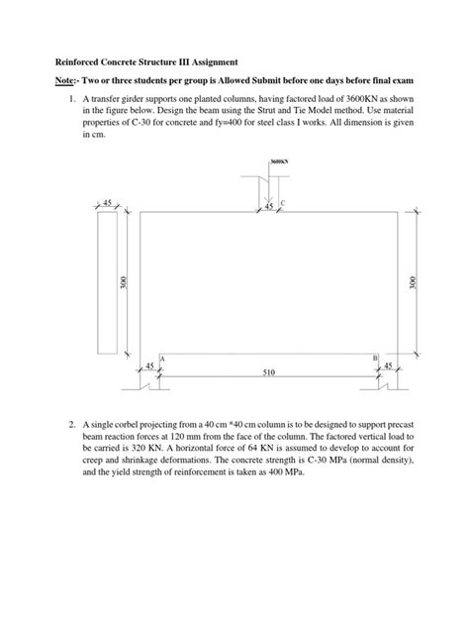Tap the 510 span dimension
(x=268, y=373)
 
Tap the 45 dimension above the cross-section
(x=108, y=202)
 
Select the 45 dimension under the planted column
(x=268, y=206)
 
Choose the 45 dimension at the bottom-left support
(x=149, y=365)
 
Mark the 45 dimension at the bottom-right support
(x=388, y=365)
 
